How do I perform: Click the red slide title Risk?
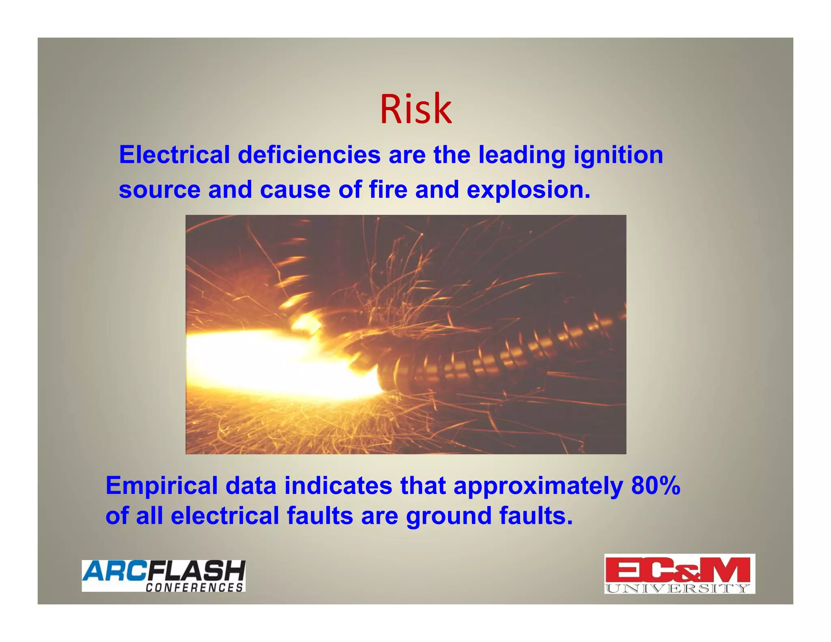coord(415,110)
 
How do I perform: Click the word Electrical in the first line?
coord(174,155)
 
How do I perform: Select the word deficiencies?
coord(309,155)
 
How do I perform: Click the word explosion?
coord(528,190)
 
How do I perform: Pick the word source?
coord(159,190)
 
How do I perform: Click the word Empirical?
coord(161,486)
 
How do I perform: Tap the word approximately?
coord(538,486)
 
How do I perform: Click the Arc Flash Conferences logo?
coord(164,575)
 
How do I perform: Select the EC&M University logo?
coord(679,573)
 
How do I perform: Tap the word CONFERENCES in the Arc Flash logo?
coord(194,587)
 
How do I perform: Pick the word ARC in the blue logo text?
coord(114,571)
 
